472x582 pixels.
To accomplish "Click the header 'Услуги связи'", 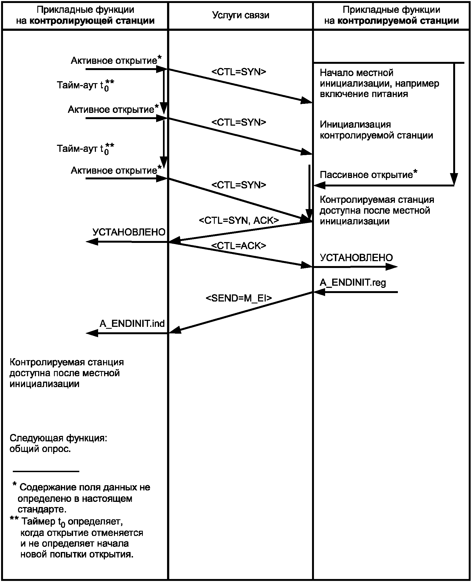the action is [240, 15].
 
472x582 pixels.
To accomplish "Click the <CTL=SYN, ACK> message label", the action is [239, 220].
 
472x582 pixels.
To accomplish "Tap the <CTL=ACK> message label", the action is [239, 246].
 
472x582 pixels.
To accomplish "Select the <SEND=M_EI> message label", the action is [239, 298].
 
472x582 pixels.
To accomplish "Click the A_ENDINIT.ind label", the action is [132, 324].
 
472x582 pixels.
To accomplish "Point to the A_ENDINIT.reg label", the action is [353, 283].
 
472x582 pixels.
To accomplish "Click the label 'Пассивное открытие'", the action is [366, 175].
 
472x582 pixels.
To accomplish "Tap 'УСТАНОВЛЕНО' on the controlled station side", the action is [356, 258].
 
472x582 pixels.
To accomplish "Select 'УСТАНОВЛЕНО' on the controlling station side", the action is [129, 232].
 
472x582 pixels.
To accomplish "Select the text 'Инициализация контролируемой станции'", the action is [376, 130].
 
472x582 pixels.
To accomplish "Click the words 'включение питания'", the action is [364, 94].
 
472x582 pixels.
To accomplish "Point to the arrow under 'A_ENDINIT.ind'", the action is [127, 333].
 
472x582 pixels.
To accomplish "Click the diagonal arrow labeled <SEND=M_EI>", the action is [241, 312].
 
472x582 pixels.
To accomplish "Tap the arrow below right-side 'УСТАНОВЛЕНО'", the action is [355, 267].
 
